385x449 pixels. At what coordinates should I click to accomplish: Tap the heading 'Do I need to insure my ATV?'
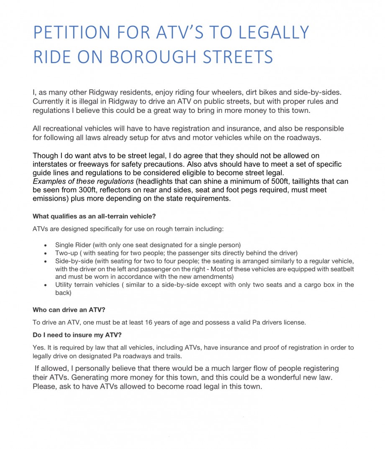(77, 335)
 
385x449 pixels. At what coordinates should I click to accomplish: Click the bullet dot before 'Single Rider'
(45, 245)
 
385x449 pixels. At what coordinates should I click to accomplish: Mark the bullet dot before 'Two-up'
(45, 253)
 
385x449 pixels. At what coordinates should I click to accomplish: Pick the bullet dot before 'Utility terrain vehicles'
(45, 285)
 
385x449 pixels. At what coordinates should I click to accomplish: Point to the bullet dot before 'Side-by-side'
(45, 261)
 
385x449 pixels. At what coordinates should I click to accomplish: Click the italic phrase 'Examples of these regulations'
(83, 181)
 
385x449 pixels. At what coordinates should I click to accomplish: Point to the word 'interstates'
(52, 164)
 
